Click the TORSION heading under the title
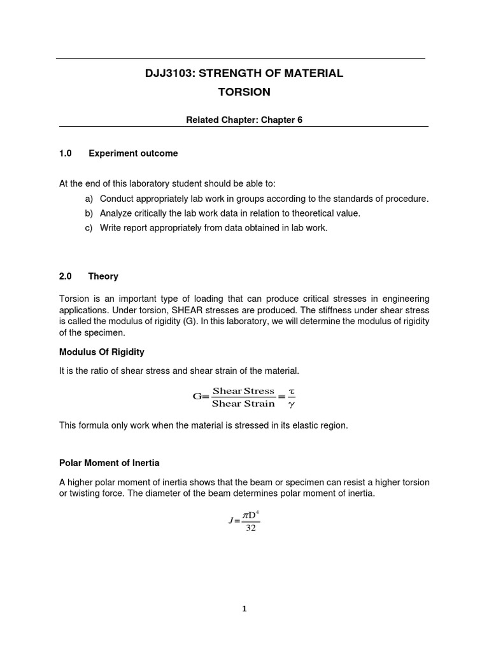244,92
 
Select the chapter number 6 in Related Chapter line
299,120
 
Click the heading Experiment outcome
133,153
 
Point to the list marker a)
89,199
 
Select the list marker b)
89,213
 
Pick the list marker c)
89,227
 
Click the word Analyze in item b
117,213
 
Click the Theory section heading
103,276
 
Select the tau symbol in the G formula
292,391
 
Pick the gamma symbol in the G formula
292,404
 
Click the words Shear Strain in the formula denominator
243,404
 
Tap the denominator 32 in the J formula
250,528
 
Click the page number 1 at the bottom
244,609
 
